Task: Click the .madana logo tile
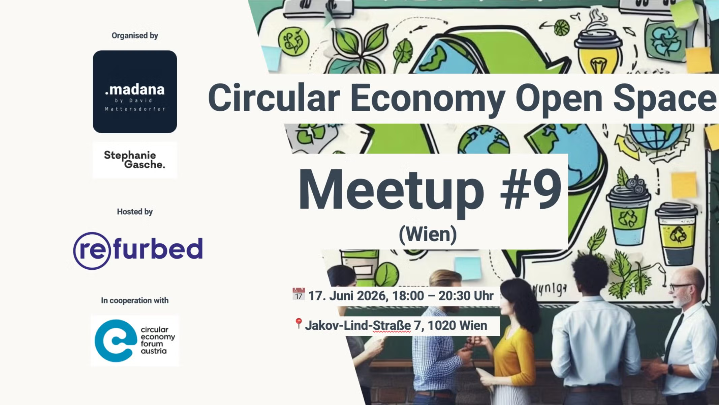tap(135, 91)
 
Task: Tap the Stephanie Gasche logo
tap(134, 160)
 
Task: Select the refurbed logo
tap(138, 250)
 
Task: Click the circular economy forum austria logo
tap(135, 340)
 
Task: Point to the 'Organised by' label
tap(135, 35)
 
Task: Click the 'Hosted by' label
tap(135, 212)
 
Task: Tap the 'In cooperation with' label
tap(135, 300)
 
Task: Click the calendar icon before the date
tap(299, 294)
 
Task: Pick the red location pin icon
tap(298, 323)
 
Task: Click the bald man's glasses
tap(679, 287)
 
